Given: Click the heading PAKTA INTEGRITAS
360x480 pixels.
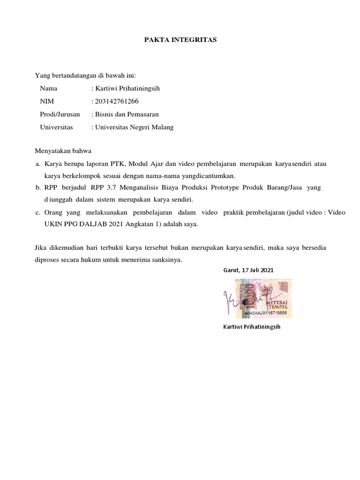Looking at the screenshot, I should [x=180, y=40].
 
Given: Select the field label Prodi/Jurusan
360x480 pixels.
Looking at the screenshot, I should [x=60, y=114].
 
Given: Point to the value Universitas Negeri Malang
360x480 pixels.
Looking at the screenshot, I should [x=132, y=127].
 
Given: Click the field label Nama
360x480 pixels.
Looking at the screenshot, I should [x=49, y=88].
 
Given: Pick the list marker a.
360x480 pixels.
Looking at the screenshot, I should [x=37, y=164].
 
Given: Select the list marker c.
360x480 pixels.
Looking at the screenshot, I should [x=37, y=212].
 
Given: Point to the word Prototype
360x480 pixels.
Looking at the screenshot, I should [x=225, y=188].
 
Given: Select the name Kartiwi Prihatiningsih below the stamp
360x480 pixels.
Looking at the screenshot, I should [x=251, y=326].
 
